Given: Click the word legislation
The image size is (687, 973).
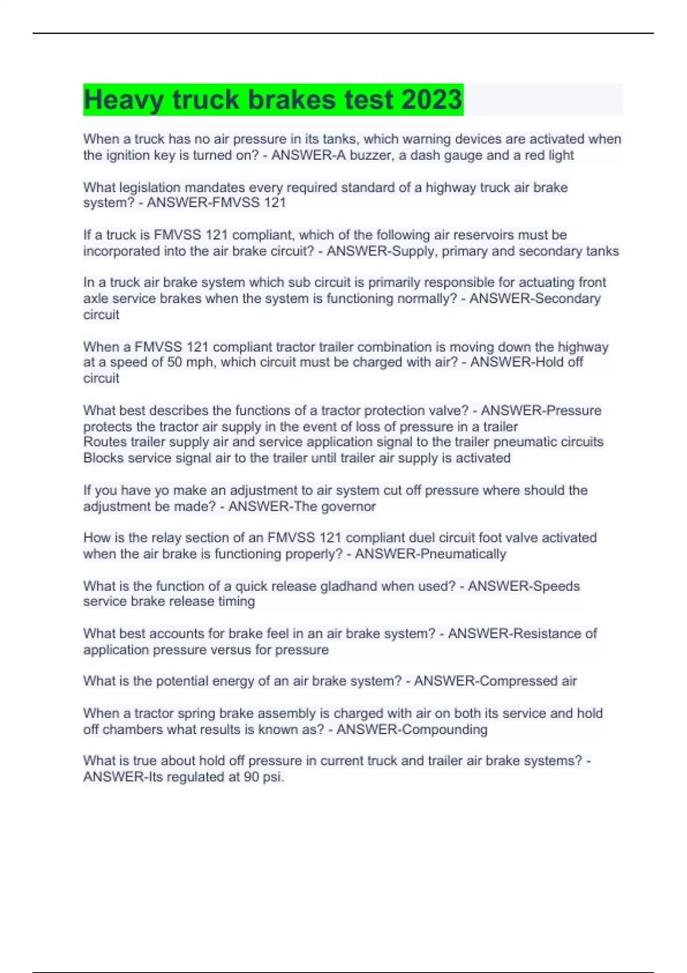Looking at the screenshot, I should (x=150, y=187).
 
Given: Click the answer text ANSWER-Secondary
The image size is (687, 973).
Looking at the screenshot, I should (x=535, y=298).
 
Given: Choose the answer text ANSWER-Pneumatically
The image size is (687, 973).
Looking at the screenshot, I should (x=431, y=554).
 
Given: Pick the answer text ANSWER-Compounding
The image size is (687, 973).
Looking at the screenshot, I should (x=412, y=729).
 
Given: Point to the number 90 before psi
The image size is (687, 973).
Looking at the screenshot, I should (x=251, y=777).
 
